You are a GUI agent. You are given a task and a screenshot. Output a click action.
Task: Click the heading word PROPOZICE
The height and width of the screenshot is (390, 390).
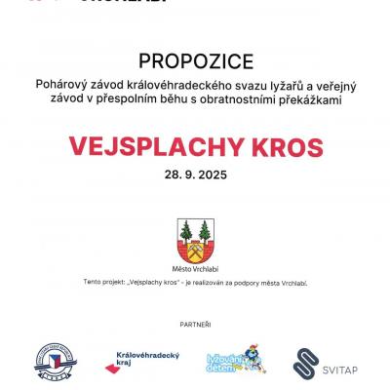click(x=194, y=59)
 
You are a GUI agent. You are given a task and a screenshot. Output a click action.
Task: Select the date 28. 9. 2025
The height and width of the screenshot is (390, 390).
click(x=194, y=177)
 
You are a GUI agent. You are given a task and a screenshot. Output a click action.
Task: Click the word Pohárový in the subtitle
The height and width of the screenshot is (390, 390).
click(x=90, y=85)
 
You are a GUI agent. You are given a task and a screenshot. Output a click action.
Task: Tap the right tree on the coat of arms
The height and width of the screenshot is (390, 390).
click(x=206, y=233)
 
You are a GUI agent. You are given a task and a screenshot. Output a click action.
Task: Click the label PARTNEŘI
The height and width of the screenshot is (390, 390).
click(x=194, y=322)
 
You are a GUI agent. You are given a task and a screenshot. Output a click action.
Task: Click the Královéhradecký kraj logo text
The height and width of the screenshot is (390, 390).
click(x=146, y=357)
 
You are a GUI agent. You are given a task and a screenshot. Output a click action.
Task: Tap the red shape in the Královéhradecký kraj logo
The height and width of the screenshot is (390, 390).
click(x=111, y=366)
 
